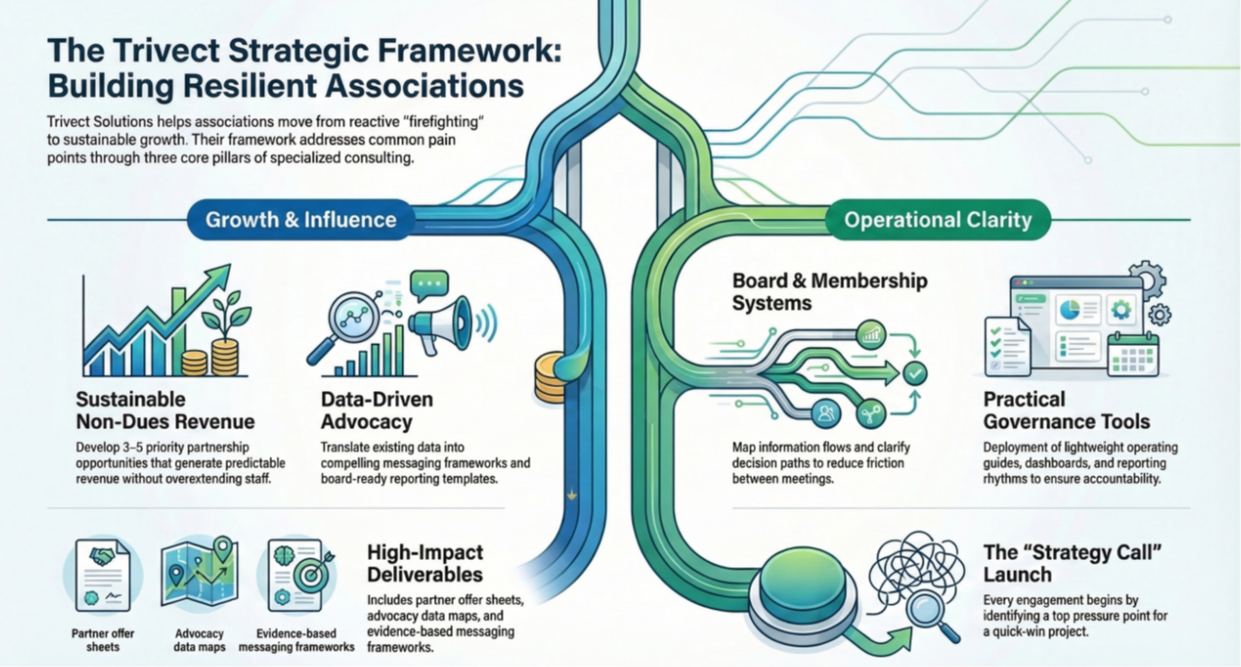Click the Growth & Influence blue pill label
pos(301,220)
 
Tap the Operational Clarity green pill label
pos(937,220)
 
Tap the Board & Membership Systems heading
pos(829,292)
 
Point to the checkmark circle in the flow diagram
pos(914,374)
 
